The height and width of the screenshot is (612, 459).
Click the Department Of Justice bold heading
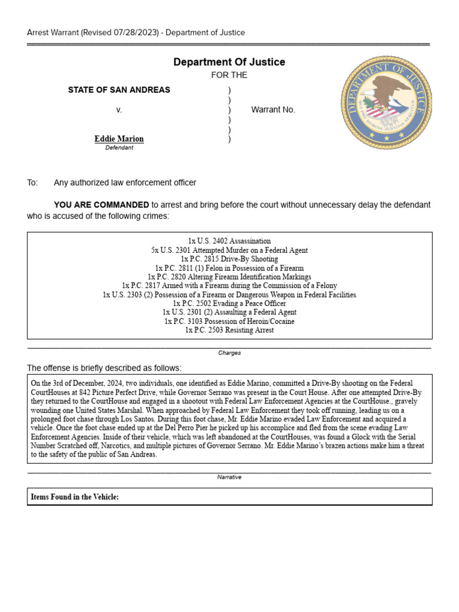tap(229, 62)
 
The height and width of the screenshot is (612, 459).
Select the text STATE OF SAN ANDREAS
tap(119, 90)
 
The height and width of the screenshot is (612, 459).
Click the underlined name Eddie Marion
tap(119, 139)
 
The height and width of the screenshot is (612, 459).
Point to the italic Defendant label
tap(119, 148)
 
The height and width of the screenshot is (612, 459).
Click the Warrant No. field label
tap(273, 110)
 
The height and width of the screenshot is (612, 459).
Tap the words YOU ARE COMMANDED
tap(102, 204)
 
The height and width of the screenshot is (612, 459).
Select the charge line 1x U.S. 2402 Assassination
tap(229, 241)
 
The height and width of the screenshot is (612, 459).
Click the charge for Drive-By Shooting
tap(229, 259)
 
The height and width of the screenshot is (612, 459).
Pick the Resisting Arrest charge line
tap(229, 330)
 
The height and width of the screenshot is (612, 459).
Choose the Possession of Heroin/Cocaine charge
tap(229, 321)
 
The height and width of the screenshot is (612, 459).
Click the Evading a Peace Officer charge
tap(229, 303)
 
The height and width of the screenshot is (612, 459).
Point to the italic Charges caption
tap(229, 353)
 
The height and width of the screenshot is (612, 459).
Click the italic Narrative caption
tap(229, 478)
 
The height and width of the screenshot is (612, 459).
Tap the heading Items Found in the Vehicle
tap(75, 497)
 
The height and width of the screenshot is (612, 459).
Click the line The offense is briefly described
tap(105, 368)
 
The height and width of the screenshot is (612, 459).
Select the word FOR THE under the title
tap(229, 75)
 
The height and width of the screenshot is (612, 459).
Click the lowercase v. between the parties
tap(119, 110)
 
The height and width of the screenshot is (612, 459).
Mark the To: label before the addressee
tap(32, 182)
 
